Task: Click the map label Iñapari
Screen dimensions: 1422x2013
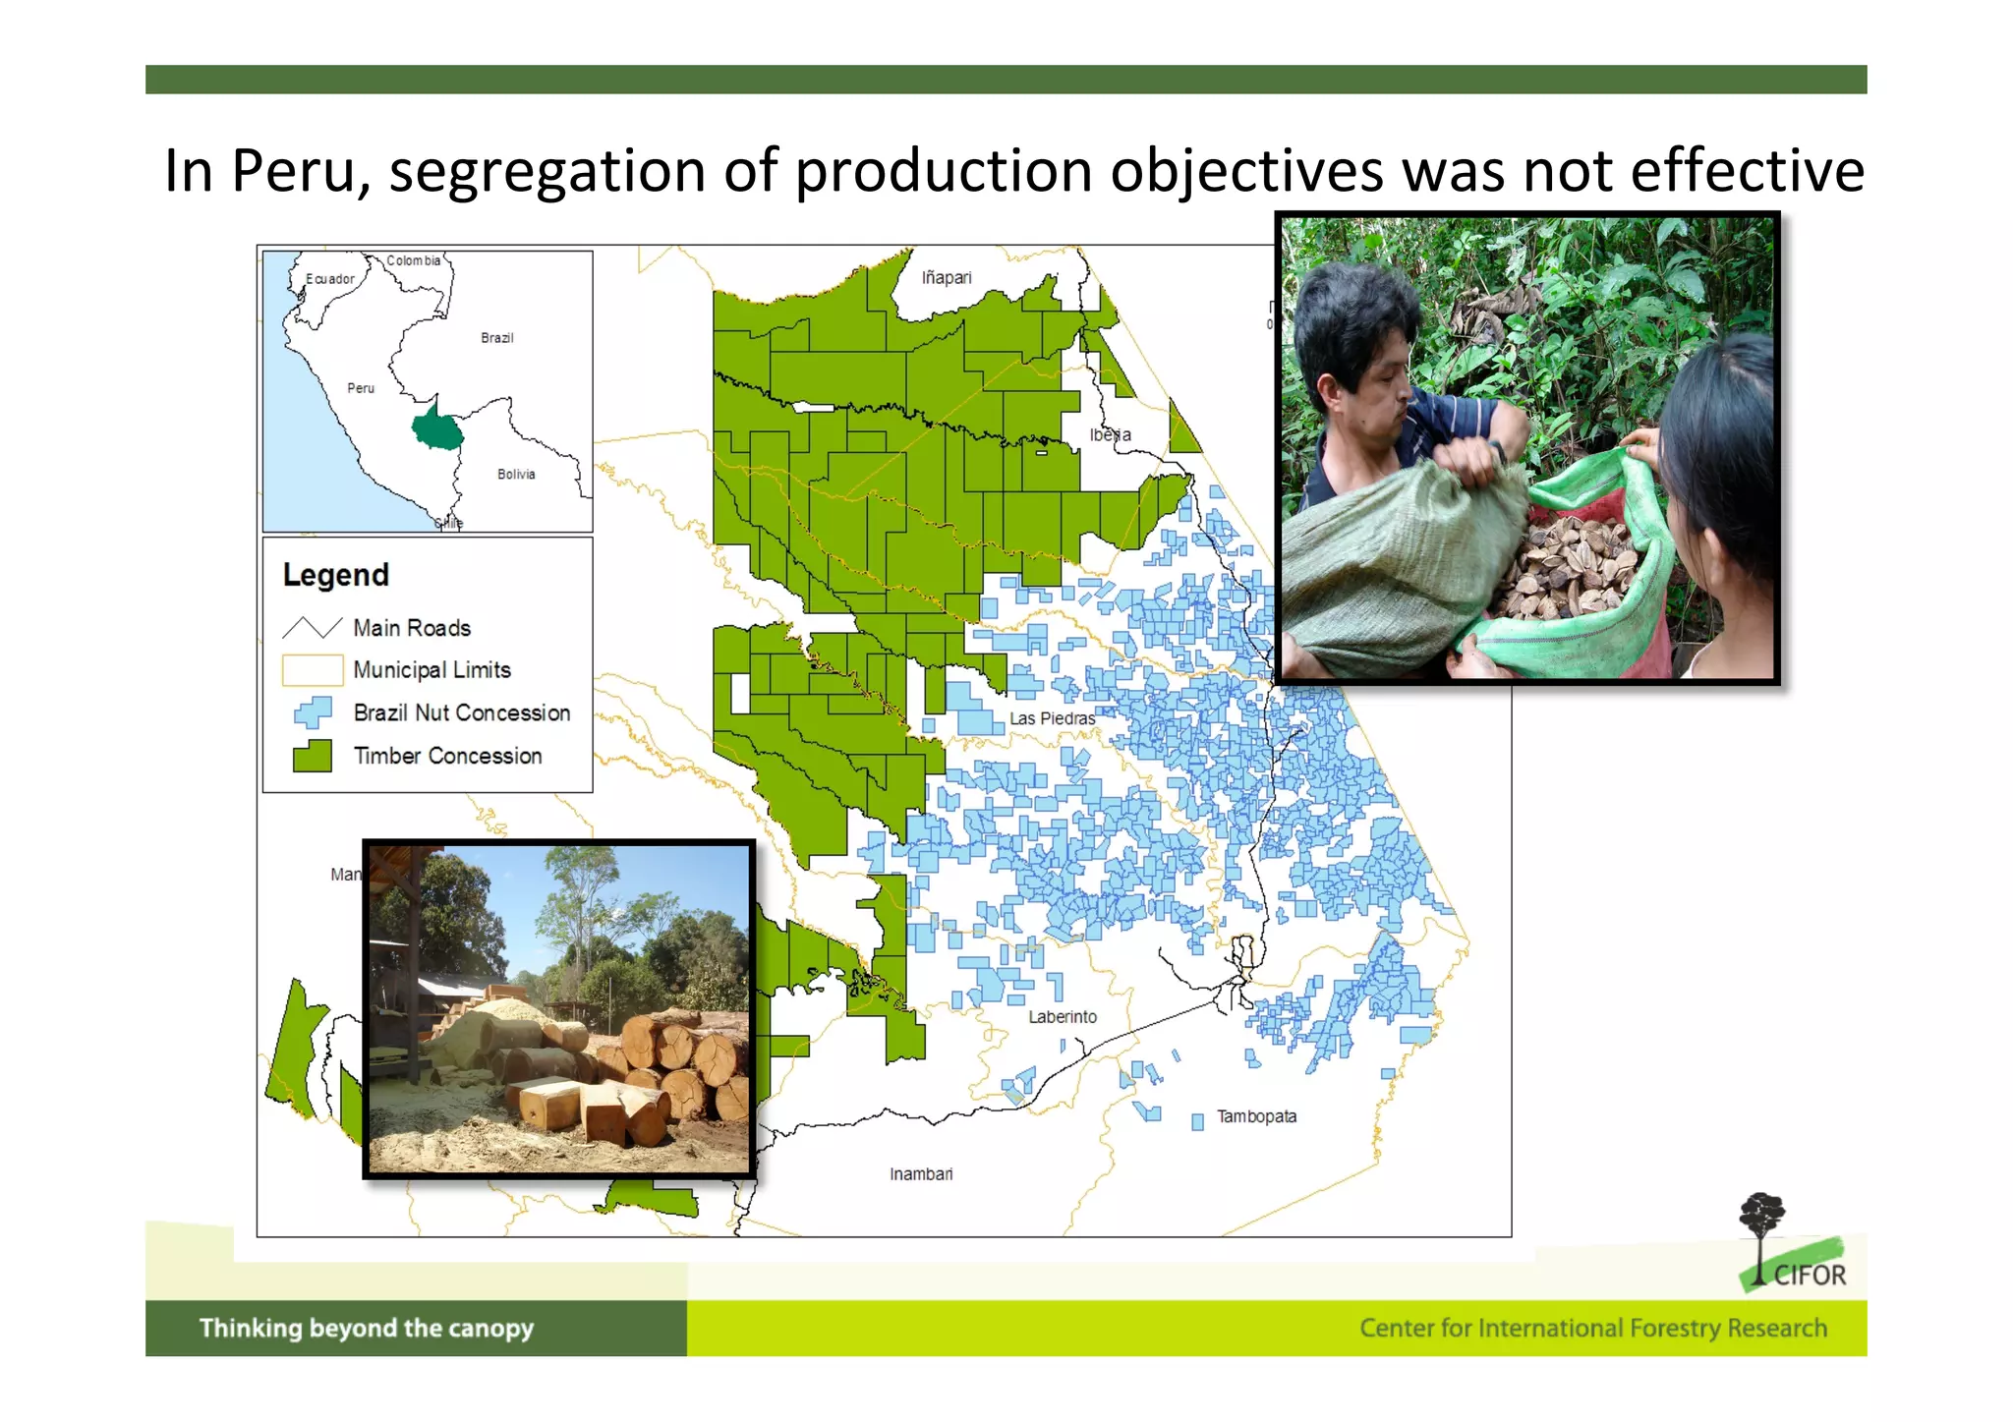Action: [x=946, y=278]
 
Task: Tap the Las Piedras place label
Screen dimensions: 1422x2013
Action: [x=1052, y=718]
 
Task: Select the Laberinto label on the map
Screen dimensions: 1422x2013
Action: [x=1062, y=1017]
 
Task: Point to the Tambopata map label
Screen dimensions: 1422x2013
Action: [x=1256, y=1116]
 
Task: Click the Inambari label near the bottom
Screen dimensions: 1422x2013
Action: [x=921, y=1174]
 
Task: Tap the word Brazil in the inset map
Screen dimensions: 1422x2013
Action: [x=496, y=338]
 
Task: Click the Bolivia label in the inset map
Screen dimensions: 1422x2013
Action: [x=516, y=475]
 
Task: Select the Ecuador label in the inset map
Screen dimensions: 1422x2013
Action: [x=329, y=279]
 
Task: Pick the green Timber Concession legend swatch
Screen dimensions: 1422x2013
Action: [x=313, y=756]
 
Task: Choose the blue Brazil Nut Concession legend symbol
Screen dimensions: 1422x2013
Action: [x=313, y=712]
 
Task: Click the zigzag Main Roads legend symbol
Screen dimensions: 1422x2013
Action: [x=312, y=627]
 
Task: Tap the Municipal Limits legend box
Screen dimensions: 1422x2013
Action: [x=312, y=669]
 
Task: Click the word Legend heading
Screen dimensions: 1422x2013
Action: [x=335, y=575]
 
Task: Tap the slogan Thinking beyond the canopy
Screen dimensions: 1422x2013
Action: [x=366, y=1329]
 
